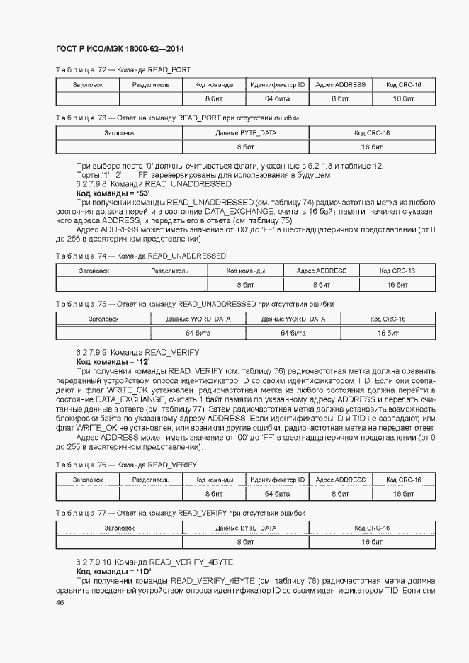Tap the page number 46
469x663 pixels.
tap(60, 602)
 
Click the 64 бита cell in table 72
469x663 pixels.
tap(277, 98)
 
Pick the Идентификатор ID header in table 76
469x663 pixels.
tap(277, 480)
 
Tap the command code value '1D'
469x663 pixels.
tap(140, 571)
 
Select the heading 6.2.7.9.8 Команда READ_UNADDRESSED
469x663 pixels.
tap(154, 183)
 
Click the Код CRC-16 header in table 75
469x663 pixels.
tap(388, 319)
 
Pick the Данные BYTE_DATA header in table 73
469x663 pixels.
tap(246, 132)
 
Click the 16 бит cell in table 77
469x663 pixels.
tap(372, 542)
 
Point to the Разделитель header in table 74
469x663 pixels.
tap(170, 271)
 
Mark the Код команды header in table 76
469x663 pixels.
tap(214, 480)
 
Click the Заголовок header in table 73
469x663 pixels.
tap(119, 132)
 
